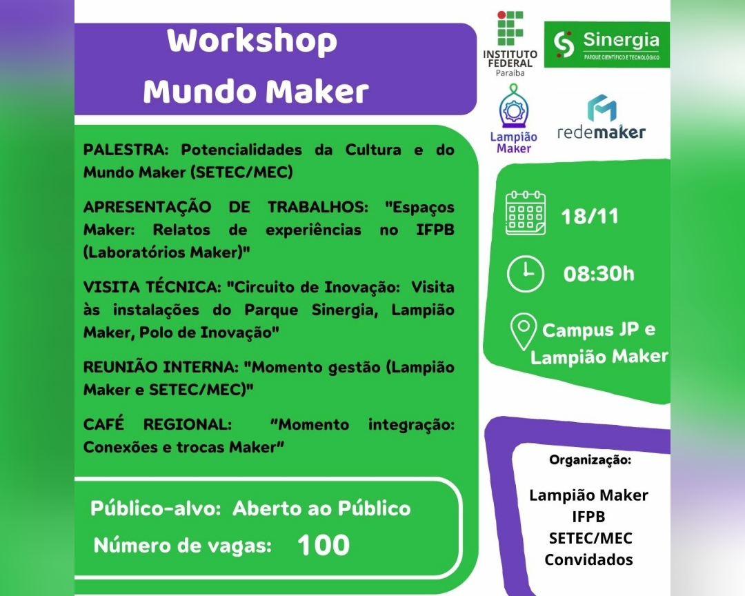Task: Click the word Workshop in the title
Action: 252,41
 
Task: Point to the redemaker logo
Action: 601,119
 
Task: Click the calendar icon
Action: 526,213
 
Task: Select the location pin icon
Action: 524,331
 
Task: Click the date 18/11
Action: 590,216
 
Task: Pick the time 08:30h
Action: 599,274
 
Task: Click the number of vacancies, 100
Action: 324,545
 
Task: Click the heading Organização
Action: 590,459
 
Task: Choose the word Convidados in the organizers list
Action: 588,559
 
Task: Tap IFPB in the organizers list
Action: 588,517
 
